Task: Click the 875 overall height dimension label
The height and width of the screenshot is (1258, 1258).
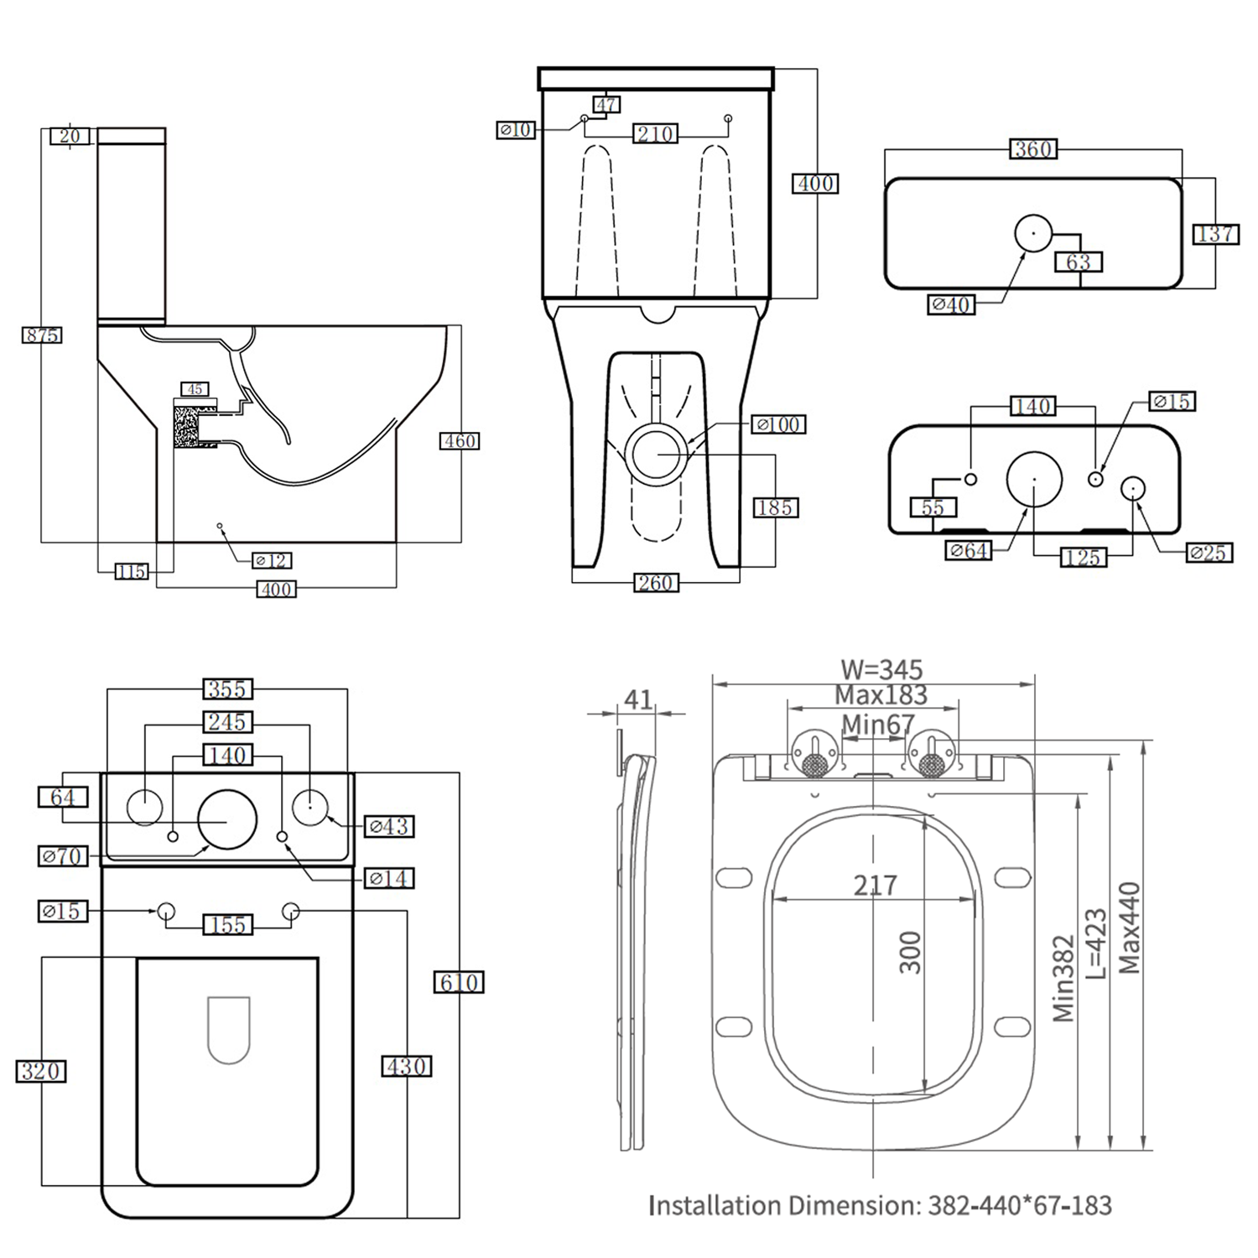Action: click(41, 335)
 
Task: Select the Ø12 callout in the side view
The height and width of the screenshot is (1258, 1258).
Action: click(271, 560)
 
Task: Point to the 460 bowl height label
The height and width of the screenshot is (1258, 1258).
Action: click(460, 441)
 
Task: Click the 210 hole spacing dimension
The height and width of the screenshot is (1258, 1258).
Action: click(655, 134)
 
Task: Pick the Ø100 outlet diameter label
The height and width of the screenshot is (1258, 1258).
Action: click(778, 425)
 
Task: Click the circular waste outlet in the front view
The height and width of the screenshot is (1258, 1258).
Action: click(659, 454)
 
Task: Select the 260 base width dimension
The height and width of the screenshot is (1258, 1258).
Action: click(655, 583)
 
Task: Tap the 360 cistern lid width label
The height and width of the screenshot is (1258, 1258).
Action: click(1033, 149)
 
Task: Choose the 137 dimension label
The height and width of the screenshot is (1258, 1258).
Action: click(1215, 234)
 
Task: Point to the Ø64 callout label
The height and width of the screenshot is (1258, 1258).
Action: click(968, 551)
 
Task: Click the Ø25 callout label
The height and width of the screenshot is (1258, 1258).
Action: click(1208, 553)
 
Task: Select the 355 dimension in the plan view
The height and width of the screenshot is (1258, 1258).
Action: click(227, 689)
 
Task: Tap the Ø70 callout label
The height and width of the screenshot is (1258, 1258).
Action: click(63, 856)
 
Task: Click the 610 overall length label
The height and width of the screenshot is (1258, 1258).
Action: click(459, 982)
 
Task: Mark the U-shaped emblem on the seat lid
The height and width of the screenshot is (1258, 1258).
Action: click(228, 1030)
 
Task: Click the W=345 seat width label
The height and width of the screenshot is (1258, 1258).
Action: click(881, 670)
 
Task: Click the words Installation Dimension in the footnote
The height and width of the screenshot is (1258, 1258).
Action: click(784, 1206)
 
